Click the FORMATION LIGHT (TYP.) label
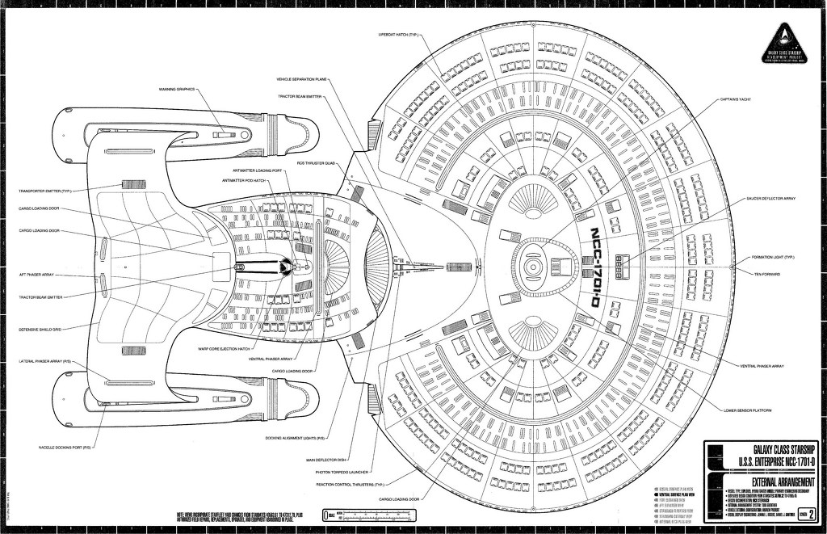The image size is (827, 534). click(x=774, y=257)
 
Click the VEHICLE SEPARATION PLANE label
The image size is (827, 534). click(x=300, y=80)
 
